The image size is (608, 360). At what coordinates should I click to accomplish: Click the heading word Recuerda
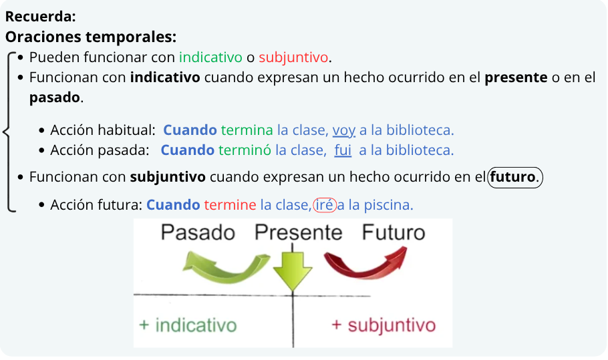click(40, 17)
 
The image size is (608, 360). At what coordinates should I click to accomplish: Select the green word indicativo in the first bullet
click(210, 57)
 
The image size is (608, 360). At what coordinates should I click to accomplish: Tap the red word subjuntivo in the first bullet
click(293, 57)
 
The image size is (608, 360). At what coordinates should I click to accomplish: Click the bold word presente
click(516, 78)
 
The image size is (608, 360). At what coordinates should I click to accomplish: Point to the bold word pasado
click(55, 98)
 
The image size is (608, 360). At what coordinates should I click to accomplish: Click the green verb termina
click(247, 130)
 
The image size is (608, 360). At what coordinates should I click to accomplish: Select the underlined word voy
click(344, 131)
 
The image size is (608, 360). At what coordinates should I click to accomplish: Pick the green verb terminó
click(245, 150)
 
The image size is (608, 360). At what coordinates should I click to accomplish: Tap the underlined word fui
click(343, 150)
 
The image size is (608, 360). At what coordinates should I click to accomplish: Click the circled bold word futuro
click(512, 178)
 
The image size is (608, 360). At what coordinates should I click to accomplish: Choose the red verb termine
click(230, 205)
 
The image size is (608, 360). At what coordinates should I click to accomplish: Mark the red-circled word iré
click(324, 205)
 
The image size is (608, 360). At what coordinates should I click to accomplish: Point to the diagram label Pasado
click(198, 232)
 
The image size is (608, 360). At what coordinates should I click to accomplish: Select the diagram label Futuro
click(394, 232)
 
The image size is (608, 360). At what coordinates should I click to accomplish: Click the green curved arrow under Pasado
click(225, 273)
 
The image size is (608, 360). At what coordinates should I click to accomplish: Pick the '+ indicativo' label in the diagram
click(188, 325)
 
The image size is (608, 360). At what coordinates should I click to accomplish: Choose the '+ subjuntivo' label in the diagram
click(384, 325)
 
